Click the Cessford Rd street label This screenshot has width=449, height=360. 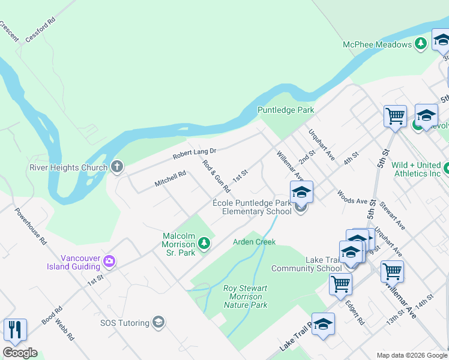click(40, 28)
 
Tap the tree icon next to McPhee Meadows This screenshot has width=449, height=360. click(421, 44)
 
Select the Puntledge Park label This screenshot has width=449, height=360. click(286, 110)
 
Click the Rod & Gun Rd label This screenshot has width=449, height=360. click(216, 176)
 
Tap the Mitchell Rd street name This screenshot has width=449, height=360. click(170, 178)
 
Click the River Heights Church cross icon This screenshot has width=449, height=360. click(116, 167)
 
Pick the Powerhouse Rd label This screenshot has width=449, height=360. click(31, 226)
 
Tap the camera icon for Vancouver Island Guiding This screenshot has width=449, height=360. click(109, 261)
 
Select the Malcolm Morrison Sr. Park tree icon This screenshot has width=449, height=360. click(204, 243)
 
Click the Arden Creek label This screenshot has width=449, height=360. click(254, 242)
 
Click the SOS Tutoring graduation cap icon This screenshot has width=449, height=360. click(158, 323)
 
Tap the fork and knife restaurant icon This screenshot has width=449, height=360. click(15, 329)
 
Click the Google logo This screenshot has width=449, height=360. click(20, 353)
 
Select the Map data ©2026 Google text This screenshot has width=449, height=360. click(411, 355)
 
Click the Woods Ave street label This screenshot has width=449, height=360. click(352, 197)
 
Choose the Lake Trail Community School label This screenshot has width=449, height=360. click(306, 264)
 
